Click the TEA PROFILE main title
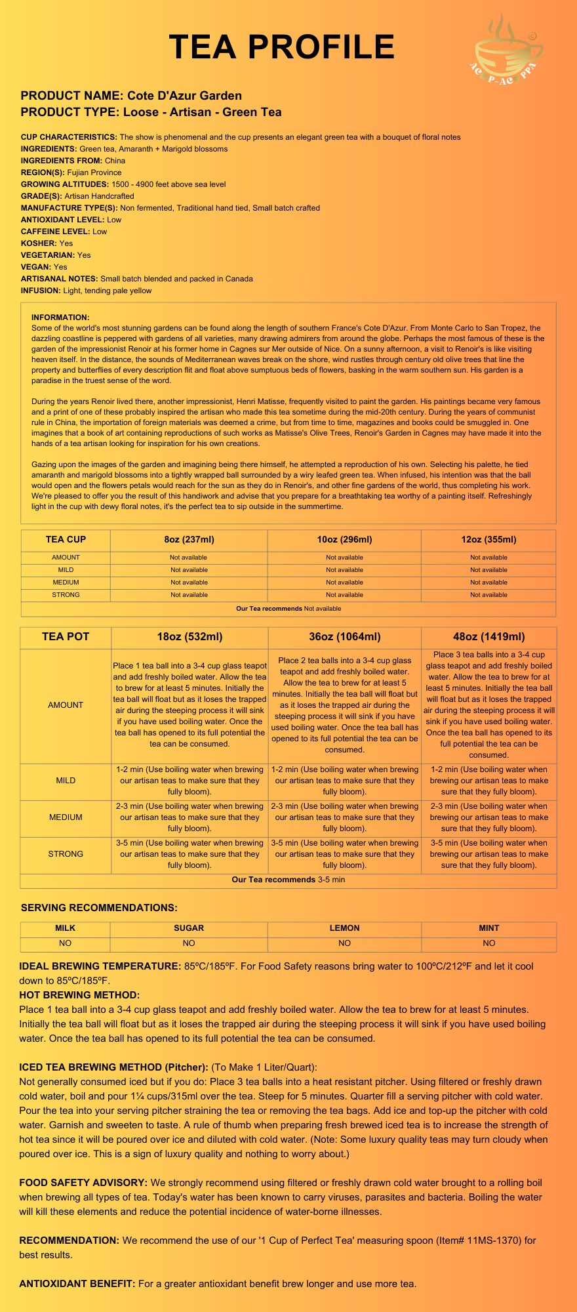(282, 47)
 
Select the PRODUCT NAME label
(71, 96)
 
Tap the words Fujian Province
(94, 173)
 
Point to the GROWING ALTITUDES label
(64, 184)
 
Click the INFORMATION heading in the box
(60, 318)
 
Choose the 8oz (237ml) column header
(189, 540)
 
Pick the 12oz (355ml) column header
(488, 540)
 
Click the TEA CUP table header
(66, 540)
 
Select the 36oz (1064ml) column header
(344, 637)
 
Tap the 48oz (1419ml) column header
(488, 637)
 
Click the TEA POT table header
(66, 637)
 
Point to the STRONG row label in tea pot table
(66, 854)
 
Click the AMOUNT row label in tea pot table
(66, 705)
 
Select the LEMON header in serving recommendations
(344, 928)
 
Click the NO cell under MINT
(488, 943)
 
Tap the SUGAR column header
(189, 928)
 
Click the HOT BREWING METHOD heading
(79, 995)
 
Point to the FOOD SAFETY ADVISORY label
(83, 1183)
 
